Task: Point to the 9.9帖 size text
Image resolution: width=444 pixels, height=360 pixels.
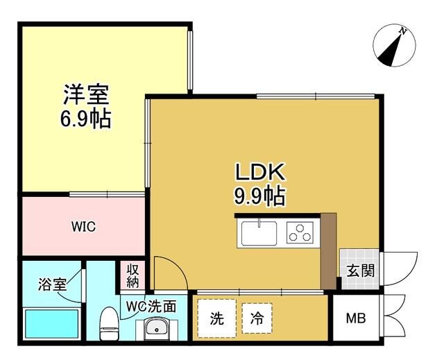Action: pyautogui.click(x=259, y=197)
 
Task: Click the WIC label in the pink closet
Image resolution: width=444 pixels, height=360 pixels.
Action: pyautogui.click(x=83, y=226)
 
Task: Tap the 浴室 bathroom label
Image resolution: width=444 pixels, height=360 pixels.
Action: pyautogui.click(x=53, y=284)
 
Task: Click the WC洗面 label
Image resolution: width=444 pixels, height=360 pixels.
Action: pyautogui.click(x=156, y=305)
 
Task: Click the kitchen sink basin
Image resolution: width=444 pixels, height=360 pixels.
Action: pyautogui.click(x=259, y=232)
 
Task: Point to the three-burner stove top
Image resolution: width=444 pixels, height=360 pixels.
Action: pyautogui.click(x=300, y=231)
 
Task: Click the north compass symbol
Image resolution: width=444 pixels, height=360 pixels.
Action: pyautogui.click(x=391, y=45)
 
